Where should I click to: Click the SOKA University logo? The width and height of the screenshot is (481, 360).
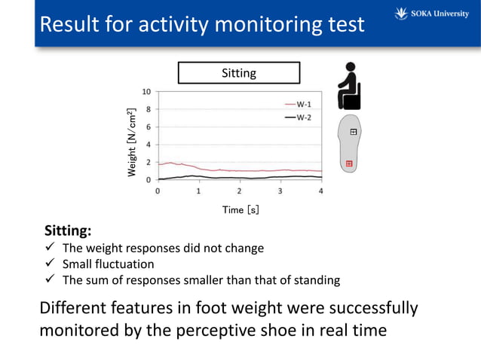pos(431,14)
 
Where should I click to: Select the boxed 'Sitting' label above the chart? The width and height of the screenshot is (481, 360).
pos(239,73)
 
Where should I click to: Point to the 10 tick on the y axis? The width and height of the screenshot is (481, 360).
pos(147,91)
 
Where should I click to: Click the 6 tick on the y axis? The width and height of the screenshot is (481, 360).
pos(148,127)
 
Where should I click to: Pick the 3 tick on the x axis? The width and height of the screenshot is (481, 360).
pos(280,192)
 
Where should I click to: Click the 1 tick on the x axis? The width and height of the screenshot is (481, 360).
pos(198,192)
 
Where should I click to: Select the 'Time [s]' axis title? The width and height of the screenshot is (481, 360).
pos(240,210)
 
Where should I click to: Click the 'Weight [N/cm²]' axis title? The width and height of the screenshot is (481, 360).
pos(132,143)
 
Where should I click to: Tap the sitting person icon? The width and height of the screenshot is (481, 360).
pos(348,85)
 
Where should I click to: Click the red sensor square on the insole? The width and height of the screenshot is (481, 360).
pos(349,163)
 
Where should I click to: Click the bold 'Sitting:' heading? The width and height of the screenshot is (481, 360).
pos(68,230)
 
